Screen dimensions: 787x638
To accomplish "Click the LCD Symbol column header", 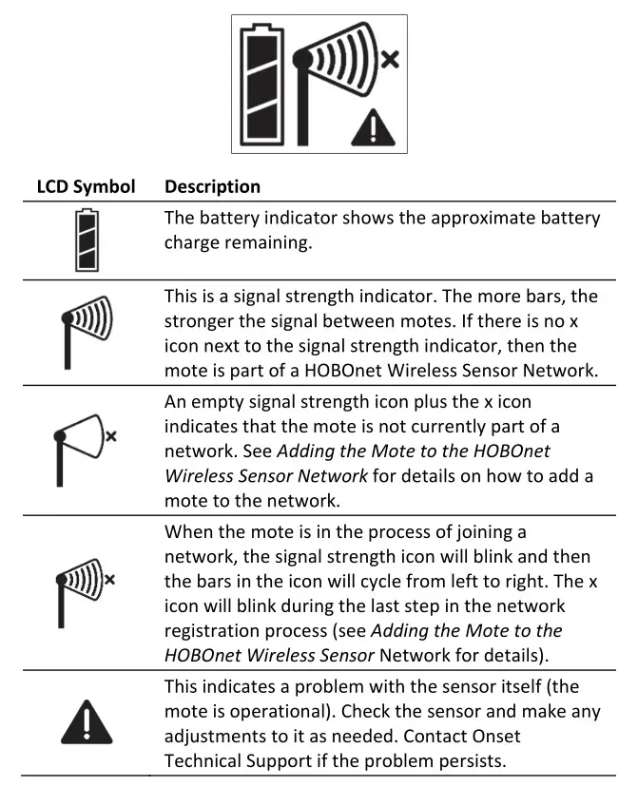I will click(86, 186).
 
